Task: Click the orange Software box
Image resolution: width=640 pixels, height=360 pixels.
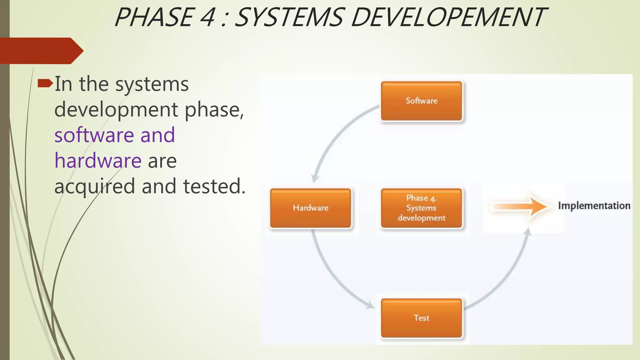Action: click(421, 101)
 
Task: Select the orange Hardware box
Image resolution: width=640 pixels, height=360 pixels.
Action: click(310, 208)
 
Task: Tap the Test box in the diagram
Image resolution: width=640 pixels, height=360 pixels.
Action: click(421, 318)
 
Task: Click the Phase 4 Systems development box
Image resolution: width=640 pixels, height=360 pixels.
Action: click(421, 208)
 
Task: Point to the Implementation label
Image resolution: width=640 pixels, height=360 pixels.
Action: click(594, 206)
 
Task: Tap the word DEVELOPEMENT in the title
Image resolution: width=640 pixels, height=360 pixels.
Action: click(448, 17)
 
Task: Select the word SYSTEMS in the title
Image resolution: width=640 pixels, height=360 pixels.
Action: click(289, 17)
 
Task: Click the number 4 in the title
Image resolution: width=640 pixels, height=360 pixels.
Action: click(207, 17)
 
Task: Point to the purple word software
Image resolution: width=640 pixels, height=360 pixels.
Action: click(94, 135)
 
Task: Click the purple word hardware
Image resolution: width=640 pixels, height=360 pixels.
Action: click(98, 161)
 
